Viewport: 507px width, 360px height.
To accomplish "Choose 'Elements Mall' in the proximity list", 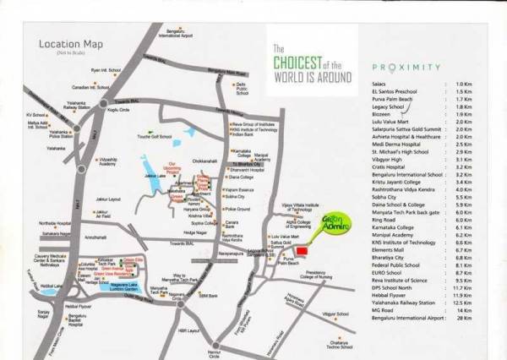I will (386, 251).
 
